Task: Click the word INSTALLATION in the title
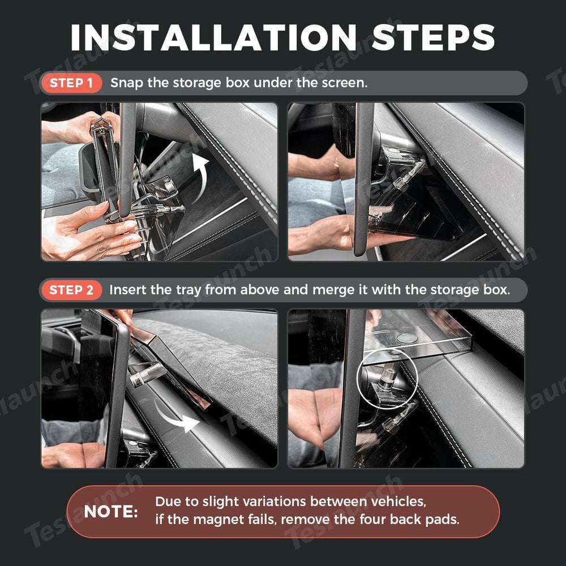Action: pyautogui.click(x=214, y=37)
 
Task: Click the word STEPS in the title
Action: pyautogui.click(x=433, y=37)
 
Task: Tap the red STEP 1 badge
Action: pyautogui.click(x=71, y=83)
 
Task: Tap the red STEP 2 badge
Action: pyautogui.click(x=71, y=290)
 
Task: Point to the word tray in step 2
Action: pyautogui.click(x=189, y=290)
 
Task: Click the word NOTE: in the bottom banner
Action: pyautogui.click(x=111, y=512)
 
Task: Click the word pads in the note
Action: pyautogui.click(x=442, y=520)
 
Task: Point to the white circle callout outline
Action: pyautogui.click(x=387, y=349)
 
